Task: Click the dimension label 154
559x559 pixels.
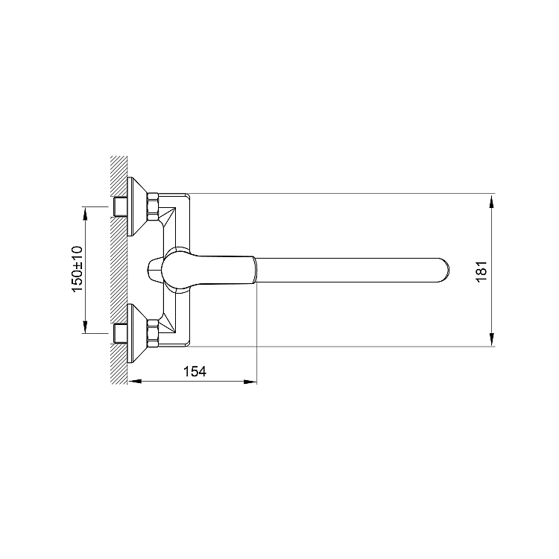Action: [x=195, y=371]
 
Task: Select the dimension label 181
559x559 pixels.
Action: [x=481, y=271]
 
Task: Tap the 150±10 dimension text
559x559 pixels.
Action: [x=78, y=269]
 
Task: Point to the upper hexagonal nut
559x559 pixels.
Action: [x=153, y=206]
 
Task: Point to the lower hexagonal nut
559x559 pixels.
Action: [x=153, y=333]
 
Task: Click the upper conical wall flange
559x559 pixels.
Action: [x=138, y=206]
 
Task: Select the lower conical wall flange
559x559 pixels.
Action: [x=138, y=333]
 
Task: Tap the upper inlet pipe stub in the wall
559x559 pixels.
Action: [x=120, y=206]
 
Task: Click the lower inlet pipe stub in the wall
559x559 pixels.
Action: [x=120, y=333]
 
